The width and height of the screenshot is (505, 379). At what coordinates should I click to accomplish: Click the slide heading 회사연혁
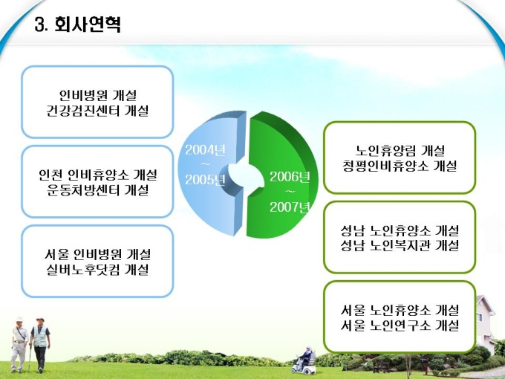click(x=88, y=24)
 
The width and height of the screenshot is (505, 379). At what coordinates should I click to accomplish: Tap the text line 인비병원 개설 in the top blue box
click(x=97, y=95)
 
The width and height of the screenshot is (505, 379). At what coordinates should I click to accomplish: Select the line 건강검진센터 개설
click(x=97, y=111)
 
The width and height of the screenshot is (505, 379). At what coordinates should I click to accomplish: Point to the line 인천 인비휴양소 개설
click(x=97, y=175)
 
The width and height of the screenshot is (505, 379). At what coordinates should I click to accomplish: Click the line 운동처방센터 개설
click(x=97, y=189)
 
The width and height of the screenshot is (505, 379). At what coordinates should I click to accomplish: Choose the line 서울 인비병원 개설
click(x=97, y=254)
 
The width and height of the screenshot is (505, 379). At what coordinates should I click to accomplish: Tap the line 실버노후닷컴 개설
click(x=97, y=270)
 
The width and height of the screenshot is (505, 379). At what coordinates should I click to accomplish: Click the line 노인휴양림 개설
click(x=400, y=151)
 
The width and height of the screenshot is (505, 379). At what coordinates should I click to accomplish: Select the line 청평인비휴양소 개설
click(x=400, y=166)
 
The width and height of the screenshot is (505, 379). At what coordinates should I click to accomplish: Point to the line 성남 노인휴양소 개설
click(x=400, y=230)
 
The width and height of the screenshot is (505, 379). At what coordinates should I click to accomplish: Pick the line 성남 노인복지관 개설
click(x=400, y=245)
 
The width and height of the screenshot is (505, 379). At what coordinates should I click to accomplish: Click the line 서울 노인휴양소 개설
click(x=400, y=310)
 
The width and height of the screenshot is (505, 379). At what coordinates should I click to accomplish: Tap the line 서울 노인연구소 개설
click(x=400, y=325)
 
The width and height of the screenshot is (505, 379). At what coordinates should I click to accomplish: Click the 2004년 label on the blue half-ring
click(x=205, y=150)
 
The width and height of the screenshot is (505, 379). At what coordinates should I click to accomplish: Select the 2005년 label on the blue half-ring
click(x=205, y=180)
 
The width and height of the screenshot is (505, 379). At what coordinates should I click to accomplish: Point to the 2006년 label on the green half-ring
click(x=290, y=177)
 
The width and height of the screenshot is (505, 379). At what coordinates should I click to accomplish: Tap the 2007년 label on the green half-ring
click(x=290, y=207)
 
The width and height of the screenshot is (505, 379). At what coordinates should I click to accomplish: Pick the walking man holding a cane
click(x=19, y=344)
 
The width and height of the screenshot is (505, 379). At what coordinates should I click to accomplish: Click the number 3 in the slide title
click(x=39, y=25)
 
